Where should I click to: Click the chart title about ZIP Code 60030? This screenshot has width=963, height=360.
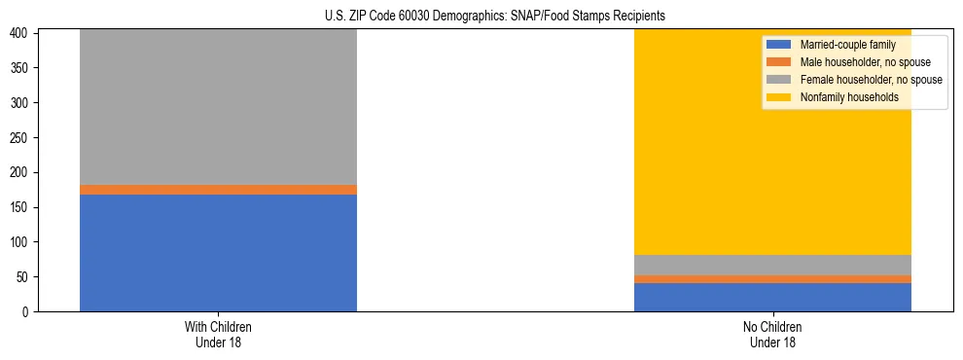495,17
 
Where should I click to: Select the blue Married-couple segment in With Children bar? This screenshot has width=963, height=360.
218,253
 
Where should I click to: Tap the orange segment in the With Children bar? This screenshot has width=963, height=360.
218,190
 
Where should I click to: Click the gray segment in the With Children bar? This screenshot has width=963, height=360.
218,107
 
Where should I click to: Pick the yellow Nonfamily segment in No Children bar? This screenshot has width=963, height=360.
700,165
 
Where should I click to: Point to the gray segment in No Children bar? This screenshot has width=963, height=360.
772,265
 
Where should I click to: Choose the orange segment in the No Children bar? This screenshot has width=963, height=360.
772,279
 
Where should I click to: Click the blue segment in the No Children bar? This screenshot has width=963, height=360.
772,298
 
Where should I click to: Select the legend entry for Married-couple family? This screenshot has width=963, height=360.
846,45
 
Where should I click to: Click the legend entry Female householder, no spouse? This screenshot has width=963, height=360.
865,80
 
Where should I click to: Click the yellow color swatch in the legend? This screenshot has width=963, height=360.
779,97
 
